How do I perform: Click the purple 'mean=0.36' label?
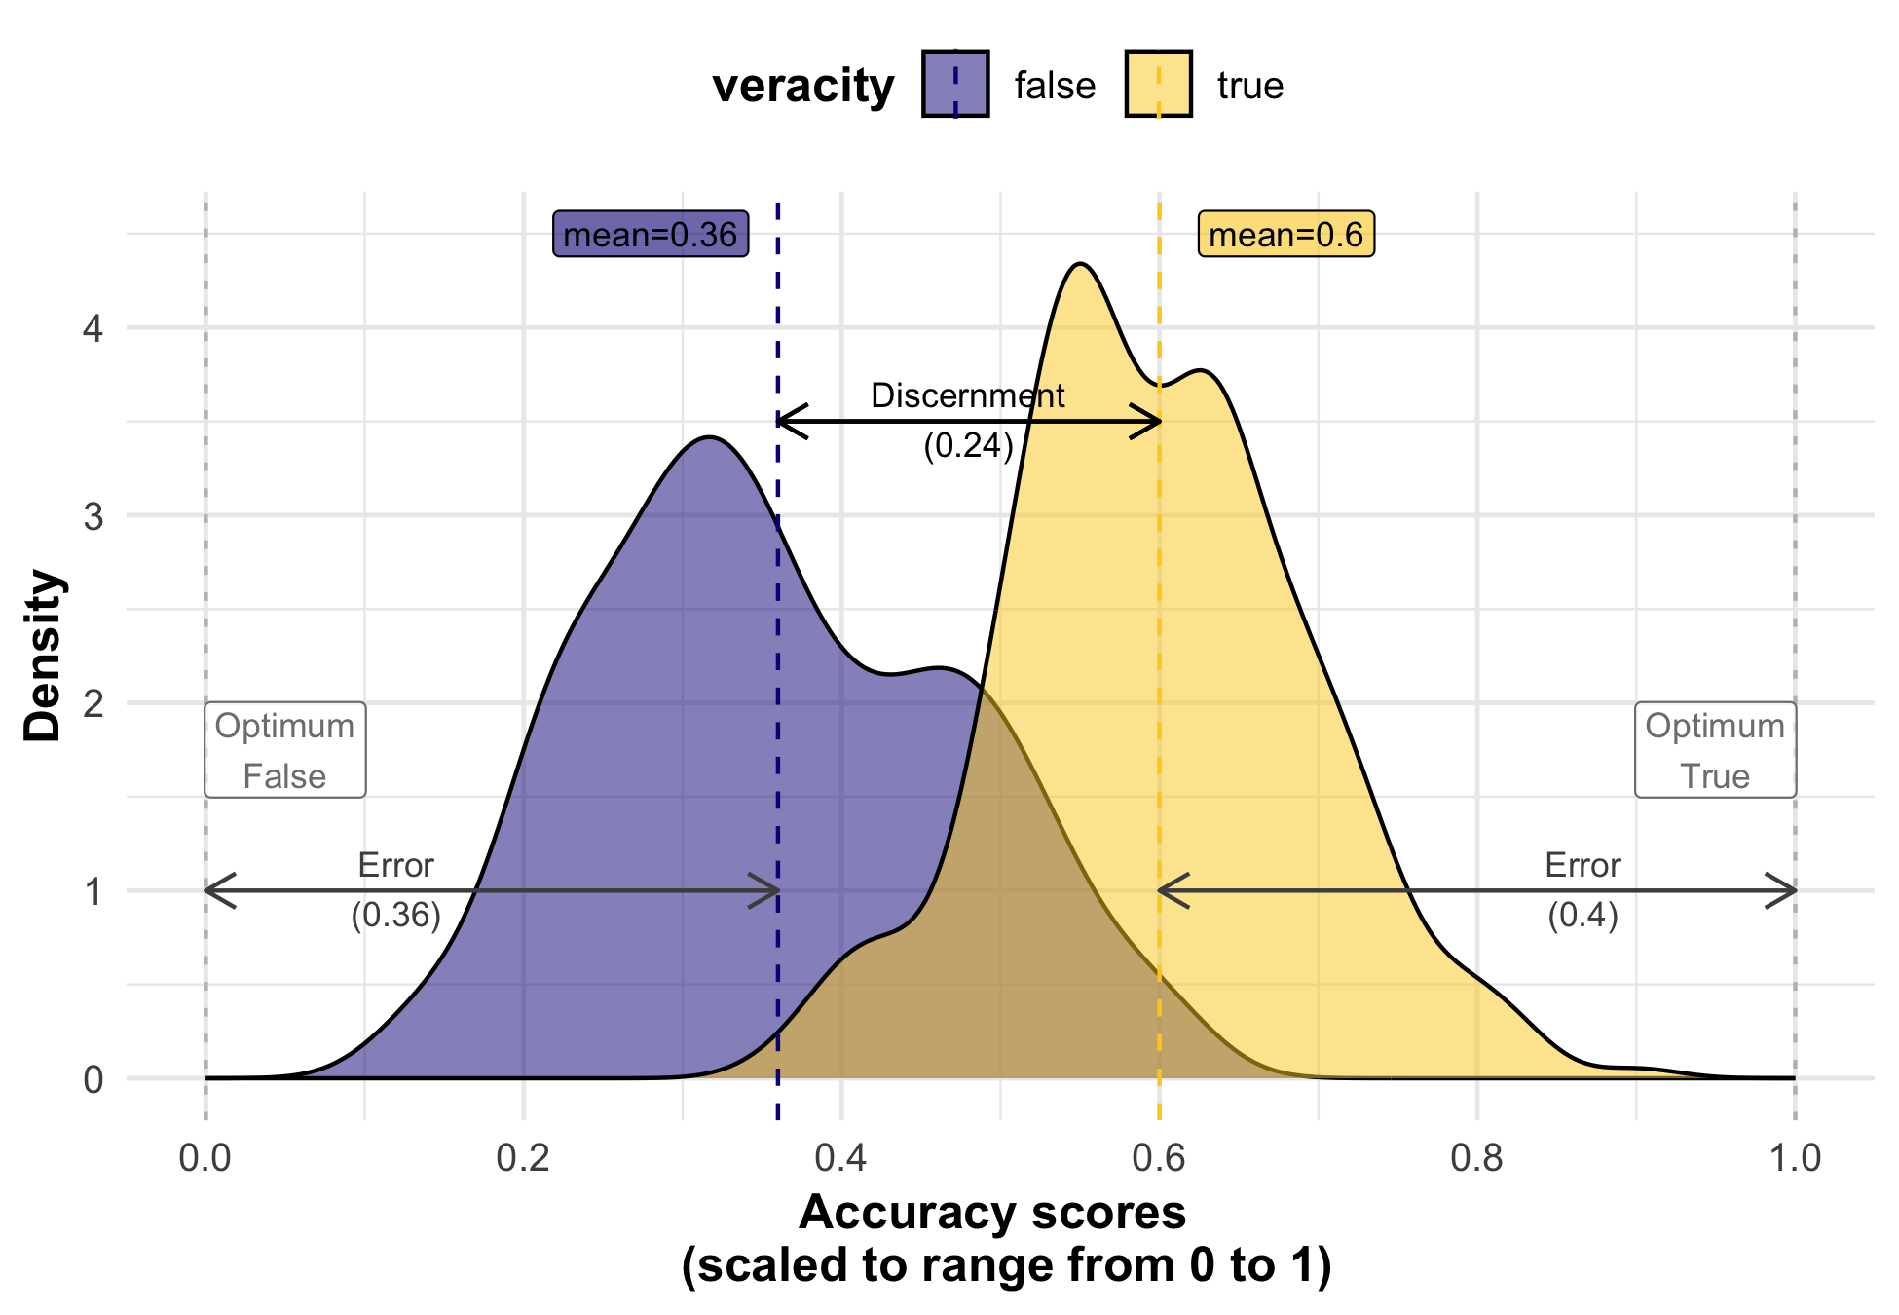coord(651,235)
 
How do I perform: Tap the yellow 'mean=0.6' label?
coord(1285,235)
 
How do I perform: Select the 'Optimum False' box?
coord(285,750)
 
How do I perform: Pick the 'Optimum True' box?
coord(1715,750)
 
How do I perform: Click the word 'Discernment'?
coord(967,396)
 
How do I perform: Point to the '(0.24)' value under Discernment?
coord(968,445)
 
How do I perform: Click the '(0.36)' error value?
coord(396,915)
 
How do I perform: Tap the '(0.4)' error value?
coord(1582,915)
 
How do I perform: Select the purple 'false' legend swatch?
coord(955,85)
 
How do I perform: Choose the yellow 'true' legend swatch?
coord(1158,85)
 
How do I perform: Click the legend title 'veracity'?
coord(803,86)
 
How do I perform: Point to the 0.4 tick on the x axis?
coord(840,1157)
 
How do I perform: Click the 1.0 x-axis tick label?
coord(1794,1157)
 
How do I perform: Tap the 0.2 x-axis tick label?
coord(523,1157)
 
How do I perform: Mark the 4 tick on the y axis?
coord(93,328)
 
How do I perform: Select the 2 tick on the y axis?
coord(93,703)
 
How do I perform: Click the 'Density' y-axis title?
coord(44,656)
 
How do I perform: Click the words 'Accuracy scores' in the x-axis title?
coord(992,1214)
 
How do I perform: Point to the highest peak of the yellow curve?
coord(1079,264)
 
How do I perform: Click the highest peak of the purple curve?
coord(710,437)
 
